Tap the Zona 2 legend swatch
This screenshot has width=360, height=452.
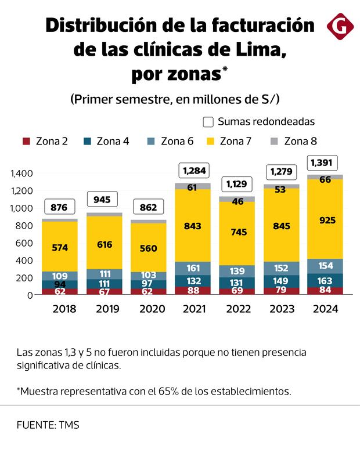[x=26, y=141]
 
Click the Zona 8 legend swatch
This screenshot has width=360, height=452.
[x=275, y=141]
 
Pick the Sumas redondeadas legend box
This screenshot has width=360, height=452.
[x=208, y=122]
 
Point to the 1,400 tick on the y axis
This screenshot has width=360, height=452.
[x=21, y=173]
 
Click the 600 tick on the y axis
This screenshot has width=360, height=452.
[x=26, y=243]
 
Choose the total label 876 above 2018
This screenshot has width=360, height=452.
[x=60, y=207]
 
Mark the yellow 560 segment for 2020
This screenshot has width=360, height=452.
[x=149, y=248]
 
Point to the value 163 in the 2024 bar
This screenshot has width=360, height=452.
[x=325, y=280]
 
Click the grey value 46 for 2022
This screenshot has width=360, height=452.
[x=239, y=201]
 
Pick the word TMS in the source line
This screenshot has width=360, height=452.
[x=69, y=425]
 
